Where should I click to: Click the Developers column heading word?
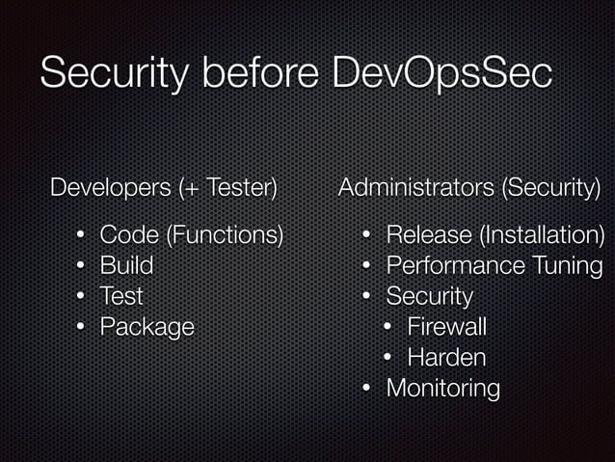click(x=109, y=186)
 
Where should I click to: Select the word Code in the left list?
click(x=125, y=233)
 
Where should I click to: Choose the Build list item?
click(x=126, y=264)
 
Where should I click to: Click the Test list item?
click(x=121, y=295)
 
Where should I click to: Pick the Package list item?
click(x=147, y=326)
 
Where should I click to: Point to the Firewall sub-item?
click(x=446, y=326)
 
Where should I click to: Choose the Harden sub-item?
click(x=446, y=357)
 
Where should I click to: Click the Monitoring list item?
click(x=442, y=388)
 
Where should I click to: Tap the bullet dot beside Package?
click(x=82, y=326)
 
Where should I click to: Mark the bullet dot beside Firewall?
click(x=388, y=326)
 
